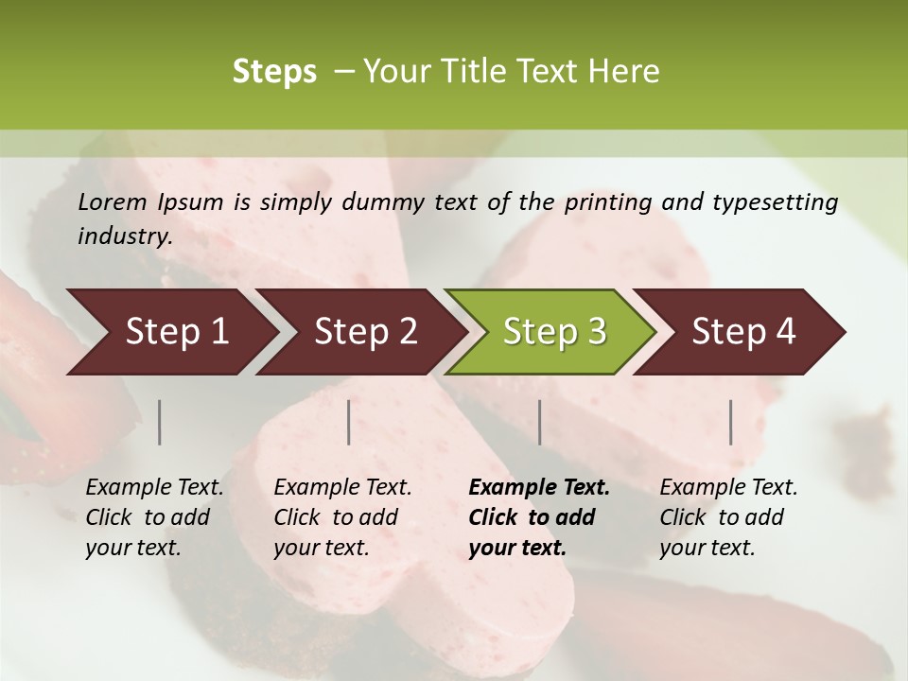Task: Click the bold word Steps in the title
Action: click(274, 72)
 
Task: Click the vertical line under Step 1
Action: click(159, 422)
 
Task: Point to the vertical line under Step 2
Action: click(349, 422)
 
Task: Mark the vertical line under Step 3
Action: click(539, 422)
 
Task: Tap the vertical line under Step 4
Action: click(730, 422)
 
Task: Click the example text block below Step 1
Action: click(154, 517)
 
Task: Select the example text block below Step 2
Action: click(342, 517)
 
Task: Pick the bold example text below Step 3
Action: click(539, 517)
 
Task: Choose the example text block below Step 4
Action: click(728, 517)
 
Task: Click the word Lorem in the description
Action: click(113, 201)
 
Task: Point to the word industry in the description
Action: click(125, 236)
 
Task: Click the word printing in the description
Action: click(609, 201)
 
